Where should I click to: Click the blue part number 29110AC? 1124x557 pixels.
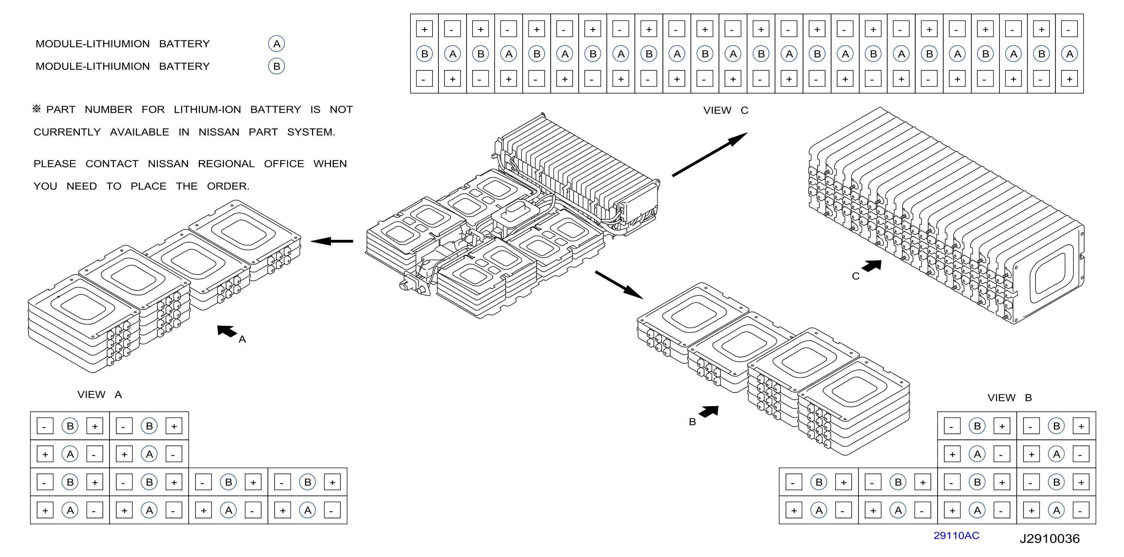(956, 536)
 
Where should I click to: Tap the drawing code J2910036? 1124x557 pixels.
(1049, 539)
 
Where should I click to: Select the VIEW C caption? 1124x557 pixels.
(726, 110)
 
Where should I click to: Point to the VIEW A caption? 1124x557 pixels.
(99, 394)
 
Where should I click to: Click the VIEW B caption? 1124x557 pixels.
(1010, 398)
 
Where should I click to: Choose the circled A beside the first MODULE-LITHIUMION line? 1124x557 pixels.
(276, 44)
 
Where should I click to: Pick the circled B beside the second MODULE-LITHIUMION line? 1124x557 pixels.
(276, 66)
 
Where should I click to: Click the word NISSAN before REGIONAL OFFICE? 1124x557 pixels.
(168, 164)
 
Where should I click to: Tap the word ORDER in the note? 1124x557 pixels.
(228, 187)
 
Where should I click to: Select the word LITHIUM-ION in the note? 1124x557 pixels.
(207, 110)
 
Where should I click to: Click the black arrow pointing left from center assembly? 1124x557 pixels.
(332, 241)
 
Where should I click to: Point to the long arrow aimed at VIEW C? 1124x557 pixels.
(710, 155)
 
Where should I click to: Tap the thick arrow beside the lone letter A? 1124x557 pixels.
(227, 331)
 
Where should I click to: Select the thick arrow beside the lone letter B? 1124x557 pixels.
(708, 412)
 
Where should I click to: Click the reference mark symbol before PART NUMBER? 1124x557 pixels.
(37, 109)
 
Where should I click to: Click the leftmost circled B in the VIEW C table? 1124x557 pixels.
(424, 54)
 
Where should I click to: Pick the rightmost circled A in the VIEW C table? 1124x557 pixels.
(1070, 54)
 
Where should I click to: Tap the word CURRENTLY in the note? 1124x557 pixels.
(67, 132)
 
